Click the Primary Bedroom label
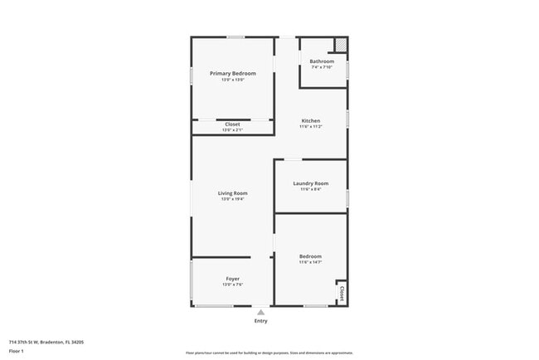[x=232, y=74]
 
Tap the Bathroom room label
[x=322, y=61]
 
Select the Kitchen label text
[x=310, y=121]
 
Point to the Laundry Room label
[x=310, y=183]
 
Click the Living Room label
[x=232, y=193]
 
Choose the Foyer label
[x=232, y=279]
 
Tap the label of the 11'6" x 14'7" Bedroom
[x=310, y=256]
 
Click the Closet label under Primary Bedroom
[x=232, y=124]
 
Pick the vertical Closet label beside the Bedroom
[x=341, y=294]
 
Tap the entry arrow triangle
[x=260, y=312]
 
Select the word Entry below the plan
[x=260, y=321]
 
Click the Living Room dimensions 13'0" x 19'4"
[x=232, y=199]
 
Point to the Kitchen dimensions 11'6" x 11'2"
[x=310, y=127]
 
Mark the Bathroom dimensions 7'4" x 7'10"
[x=322, y=67]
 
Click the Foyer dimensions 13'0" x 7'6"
[x=232, y=285]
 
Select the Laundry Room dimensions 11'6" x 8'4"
[x=310, y=189]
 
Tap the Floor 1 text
[x=15, y=351]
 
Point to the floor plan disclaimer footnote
[x=269, y=352]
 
